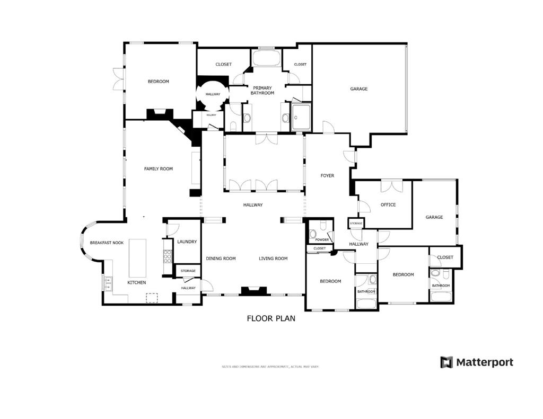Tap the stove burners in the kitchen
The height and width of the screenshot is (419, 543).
point(168,256)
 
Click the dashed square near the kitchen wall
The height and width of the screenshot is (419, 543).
point(152,298)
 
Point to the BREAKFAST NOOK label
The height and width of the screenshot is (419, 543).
point(107,243)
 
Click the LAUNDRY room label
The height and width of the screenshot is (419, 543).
point(187,242)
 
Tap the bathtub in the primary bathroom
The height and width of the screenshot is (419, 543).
point(266,58)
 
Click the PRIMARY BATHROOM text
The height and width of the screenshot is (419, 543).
point(262,91)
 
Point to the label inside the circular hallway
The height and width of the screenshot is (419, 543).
point(213,94)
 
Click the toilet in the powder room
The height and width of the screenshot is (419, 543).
point(314,233)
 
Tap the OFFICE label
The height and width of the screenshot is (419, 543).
point(388,205)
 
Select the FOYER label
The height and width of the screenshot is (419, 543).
point(327,175)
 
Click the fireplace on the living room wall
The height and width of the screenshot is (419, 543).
point(254,291)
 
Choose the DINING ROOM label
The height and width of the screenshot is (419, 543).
point(221,258)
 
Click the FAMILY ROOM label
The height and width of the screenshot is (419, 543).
point(159,169)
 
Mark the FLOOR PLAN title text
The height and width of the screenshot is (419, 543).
point(271,318)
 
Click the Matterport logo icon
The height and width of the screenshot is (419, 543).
point(446,362)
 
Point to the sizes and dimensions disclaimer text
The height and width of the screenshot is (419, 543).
point(270,367)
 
